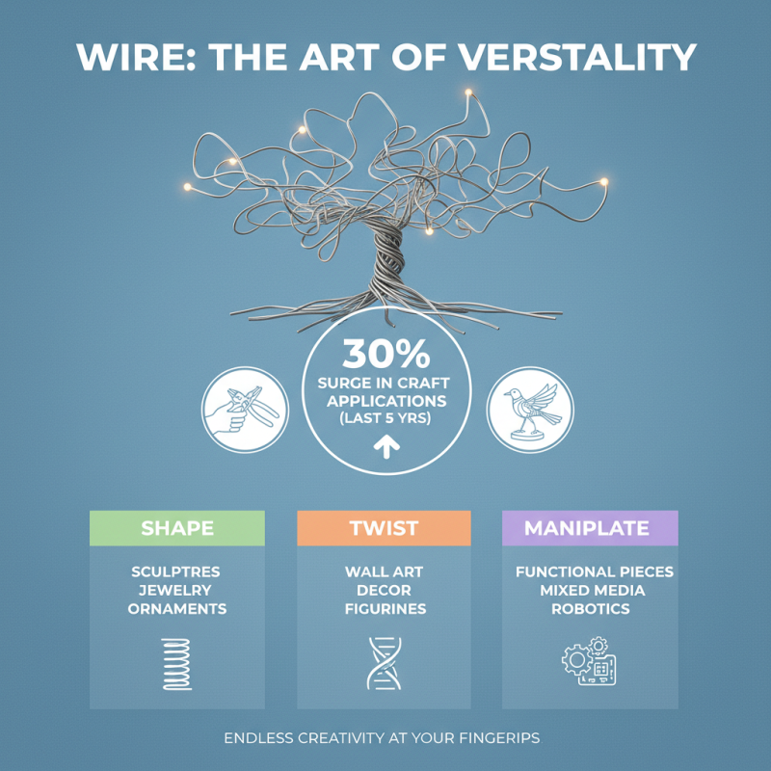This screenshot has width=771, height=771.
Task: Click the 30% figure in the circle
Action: pyautogui.click(x=385, y=355)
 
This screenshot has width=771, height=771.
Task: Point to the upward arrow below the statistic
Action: pyautogui.click(x=385, y=446)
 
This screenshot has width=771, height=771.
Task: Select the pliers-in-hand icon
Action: pyautogui.click(x=244, y=408)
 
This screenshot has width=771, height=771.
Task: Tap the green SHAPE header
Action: pyautogui.click(x=177, y=528)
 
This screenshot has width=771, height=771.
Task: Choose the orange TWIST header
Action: pyautogui.click(x=384, y=528)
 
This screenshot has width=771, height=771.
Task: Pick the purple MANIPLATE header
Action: pyautogui.click(x=589, y=528)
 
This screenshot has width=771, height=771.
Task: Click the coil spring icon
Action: pyautogui.click(x=177, y=663)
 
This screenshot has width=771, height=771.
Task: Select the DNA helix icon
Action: pyautogui.click(x=384, y=663)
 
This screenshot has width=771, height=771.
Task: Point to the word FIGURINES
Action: pyautogui.click(x=385, y=609)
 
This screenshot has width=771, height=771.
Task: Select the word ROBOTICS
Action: pyautogui.click(x=590, y=609)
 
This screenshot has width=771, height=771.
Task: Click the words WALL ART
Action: pyautogui.click(x=384, y=572)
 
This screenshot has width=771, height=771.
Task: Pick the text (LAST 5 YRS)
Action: pyautogui.click(x=385, y=419)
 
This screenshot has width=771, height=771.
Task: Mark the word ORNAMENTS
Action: pyautogui.click(x=177, y=609)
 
